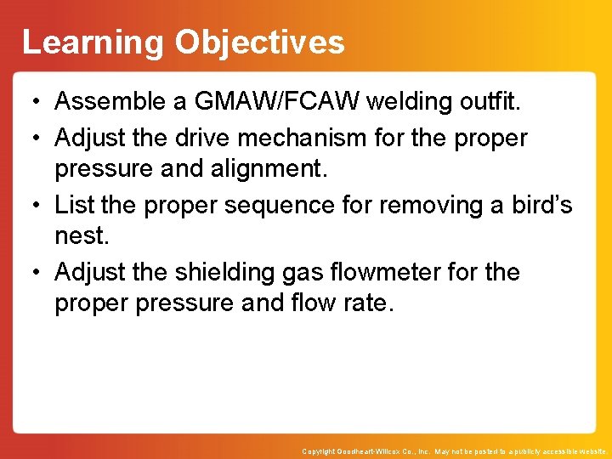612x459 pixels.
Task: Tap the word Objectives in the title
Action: tap(259, 42)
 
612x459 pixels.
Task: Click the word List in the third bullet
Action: tap(71, 204)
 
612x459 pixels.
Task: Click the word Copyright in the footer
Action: tap(320, 451)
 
